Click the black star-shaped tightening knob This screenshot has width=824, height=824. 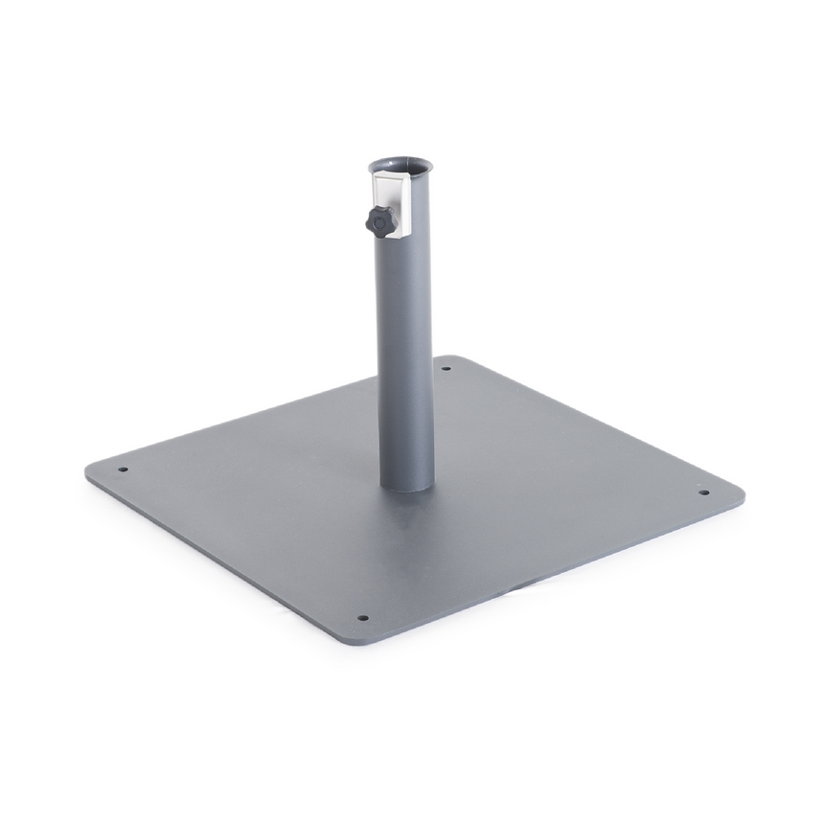380,221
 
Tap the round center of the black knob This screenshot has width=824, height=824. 382,222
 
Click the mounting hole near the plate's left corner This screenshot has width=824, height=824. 123,469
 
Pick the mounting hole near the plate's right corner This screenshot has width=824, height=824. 703,492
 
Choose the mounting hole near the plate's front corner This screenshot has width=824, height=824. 362,618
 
